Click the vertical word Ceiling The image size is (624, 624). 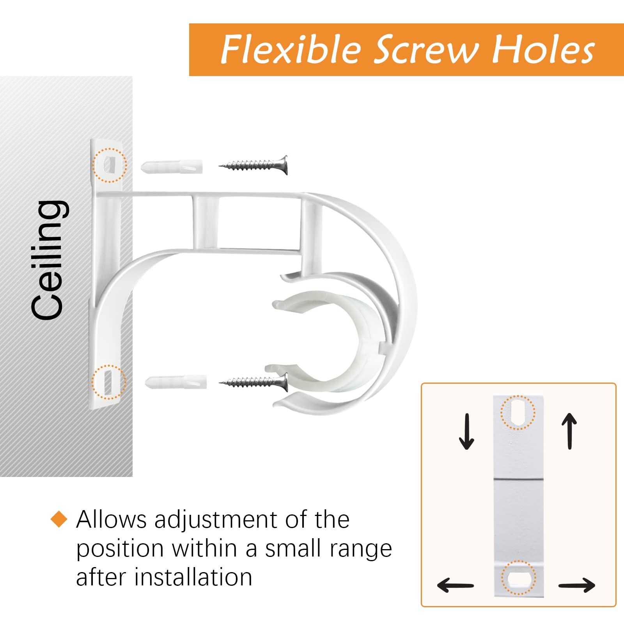tap(48, 260)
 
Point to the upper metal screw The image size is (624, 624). tap(253, 165)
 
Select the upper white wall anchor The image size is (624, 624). tap(172, 167)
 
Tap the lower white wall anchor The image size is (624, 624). tap(176, 382)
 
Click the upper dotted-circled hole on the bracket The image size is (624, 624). tap(110, 165)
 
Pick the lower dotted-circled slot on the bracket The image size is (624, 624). tap(109, 382)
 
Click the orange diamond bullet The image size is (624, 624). tap(59, 519)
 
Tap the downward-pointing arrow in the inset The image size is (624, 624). tap(466, 431)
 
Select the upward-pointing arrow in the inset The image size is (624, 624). tap(570, 431)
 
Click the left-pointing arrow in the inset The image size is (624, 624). tap(456, 585)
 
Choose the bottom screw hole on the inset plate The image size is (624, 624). tap(518, 578)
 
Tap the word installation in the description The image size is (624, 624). tap(193, 577)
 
